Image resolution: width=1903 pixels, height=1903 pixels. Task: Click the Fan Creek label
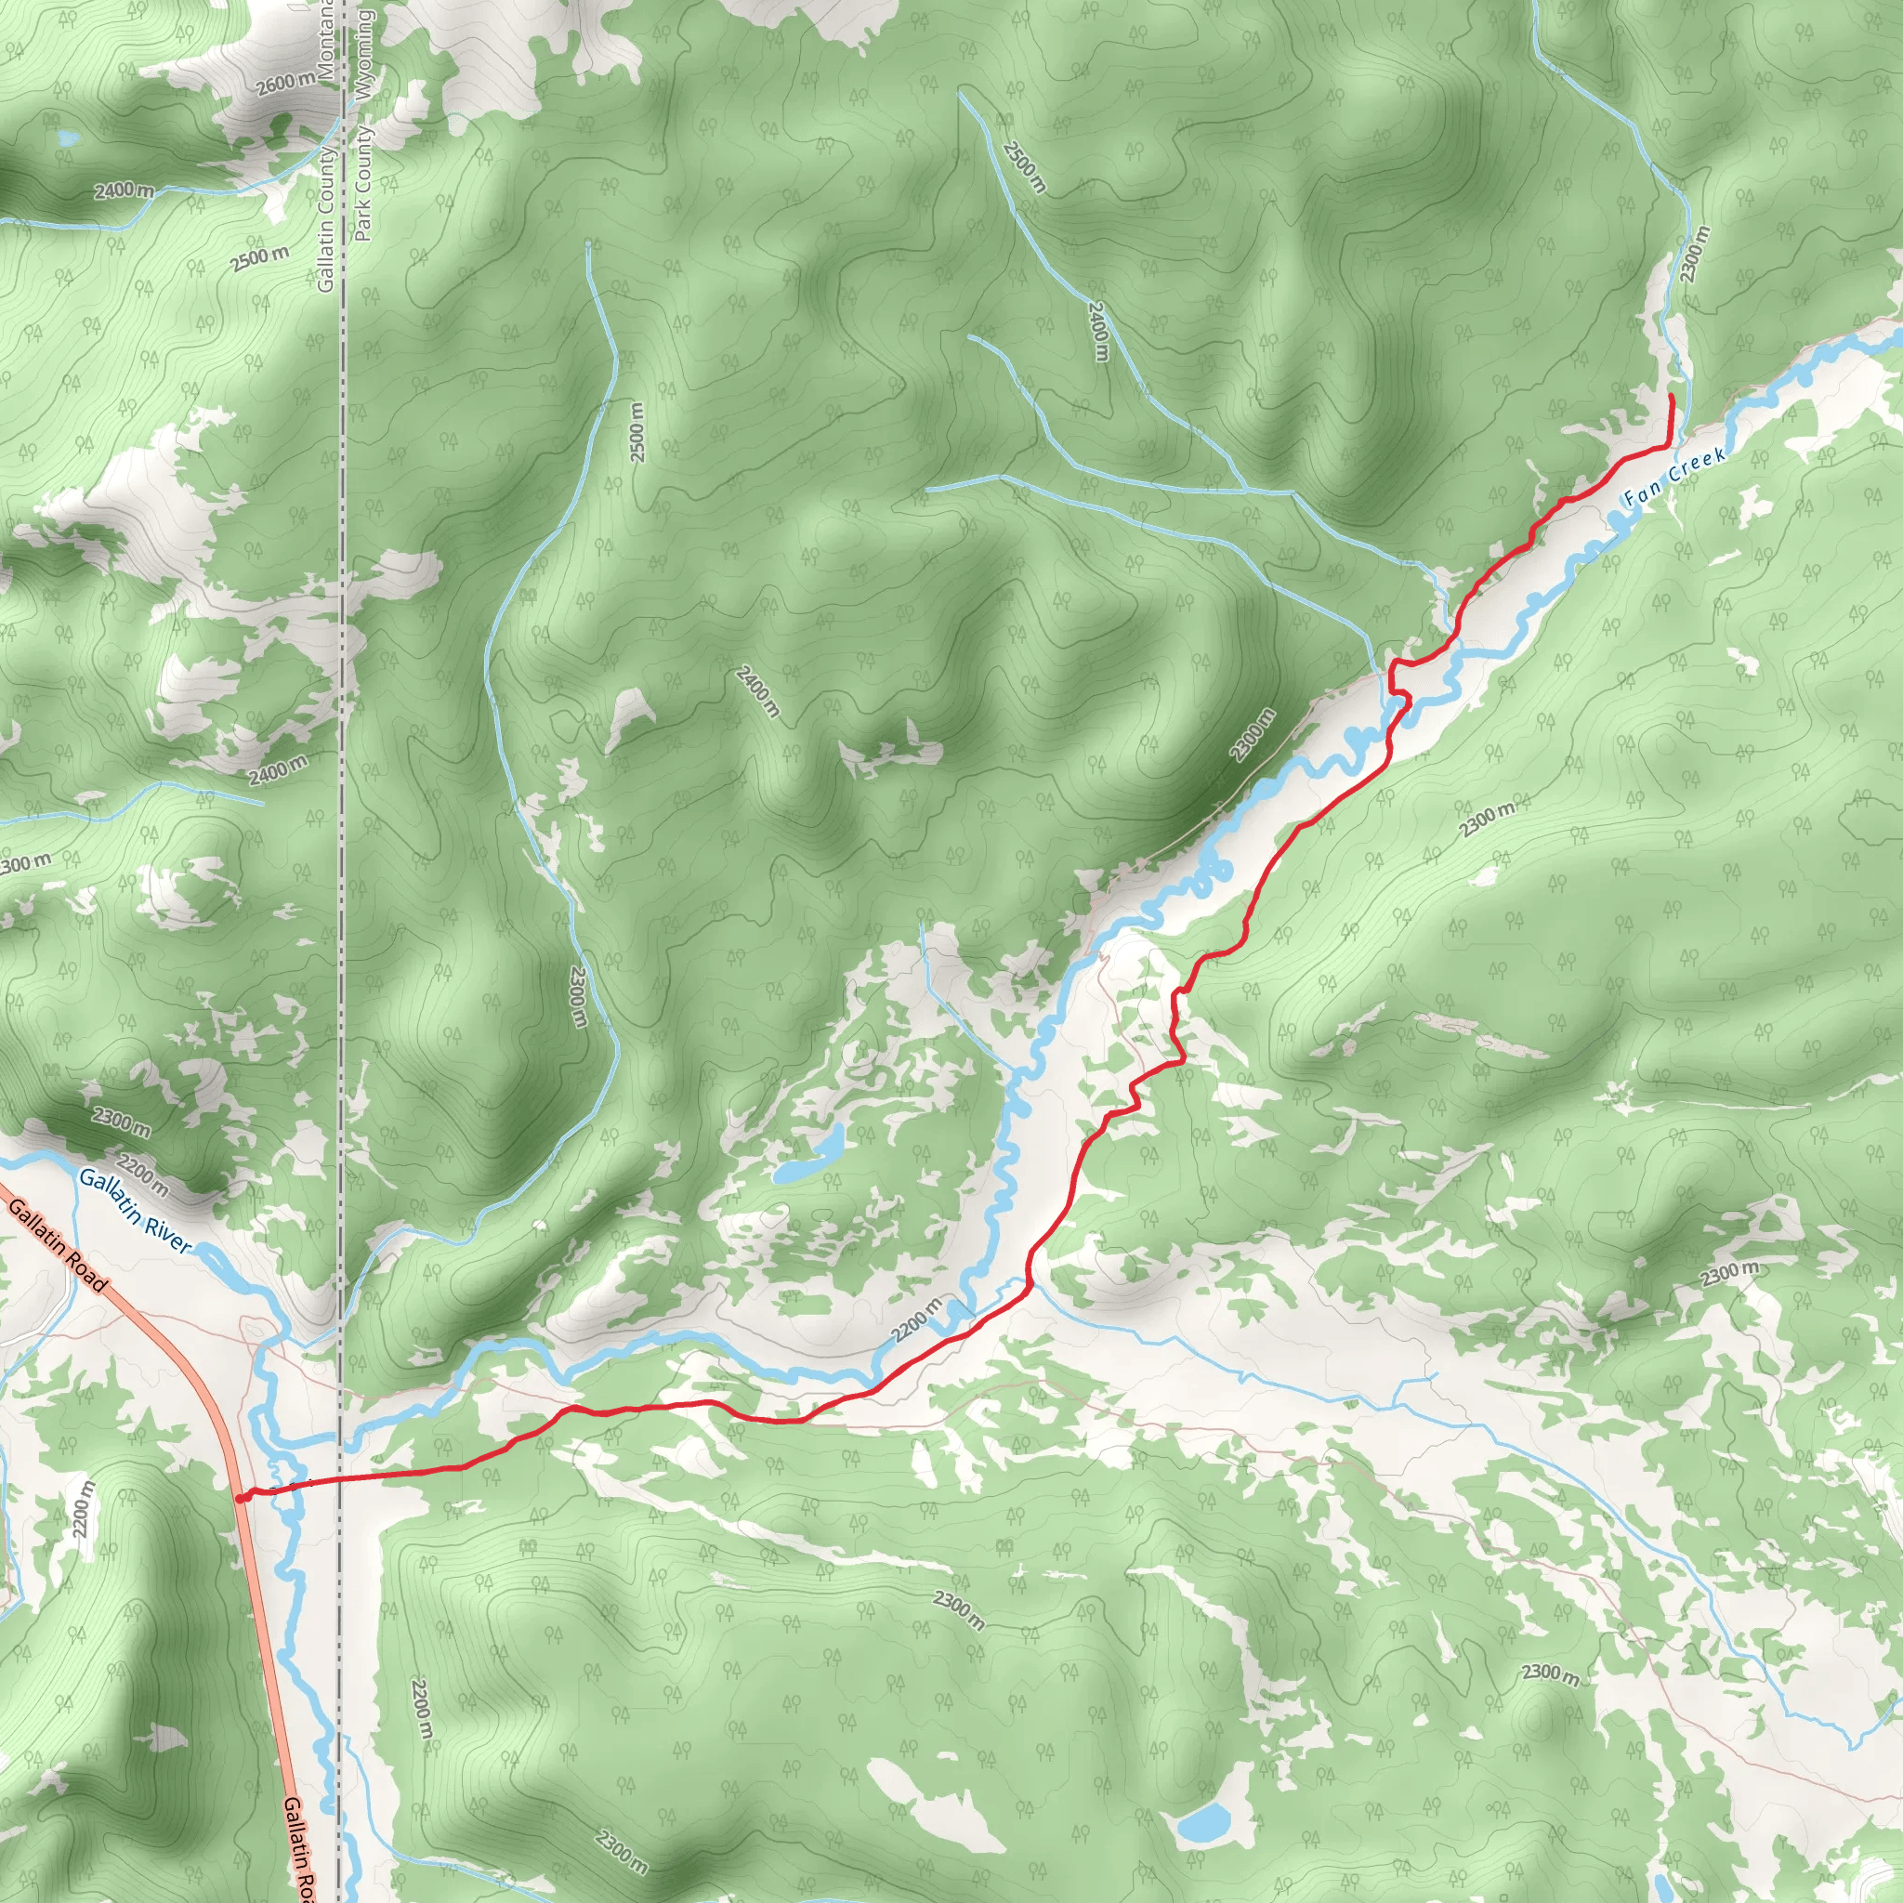click(1674, 476)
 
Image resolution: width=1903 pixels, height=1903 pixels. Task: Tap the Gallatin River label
click(135, 1211)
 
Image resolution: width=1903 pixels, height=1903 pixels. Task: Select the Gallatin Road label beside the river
click(56, 1244)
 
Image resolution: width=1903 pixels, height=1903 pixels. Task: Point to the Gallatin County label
click(326, 218)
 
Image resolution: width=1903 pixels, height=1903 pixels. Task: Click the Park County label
click(363, 183)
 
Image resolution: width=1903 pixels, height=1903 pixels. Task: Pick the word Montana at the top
click(326, 39)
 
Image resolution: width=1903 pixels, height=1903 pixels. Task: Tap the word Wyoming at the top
click(363, 54)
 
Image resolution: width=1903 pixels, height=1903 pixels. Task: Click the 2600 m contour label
click(286, 85)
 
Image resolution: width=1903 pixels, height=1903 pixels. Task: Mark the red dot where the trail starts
click(242, 1498)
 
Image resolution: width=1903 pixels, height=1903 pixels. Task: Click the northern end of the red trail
click(1672, 396)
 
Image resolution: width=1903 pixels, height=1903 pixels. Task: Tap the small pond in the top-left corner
click(66, 138)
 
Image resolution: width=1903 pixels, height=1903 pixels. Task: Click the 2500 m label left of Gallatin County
click(261, 259)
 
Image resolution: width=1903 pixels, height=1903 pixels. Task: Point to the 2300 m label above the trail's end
click(1695, 254)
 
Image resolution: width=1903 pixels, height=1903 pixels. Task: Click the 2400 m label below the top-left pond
click(125, 190)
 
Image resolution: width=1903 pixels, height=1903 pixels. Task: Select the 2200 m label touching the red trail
click(917, 1319)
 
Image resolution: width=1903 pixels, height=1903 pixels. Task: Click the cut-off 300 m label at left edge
click(25, 864)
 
